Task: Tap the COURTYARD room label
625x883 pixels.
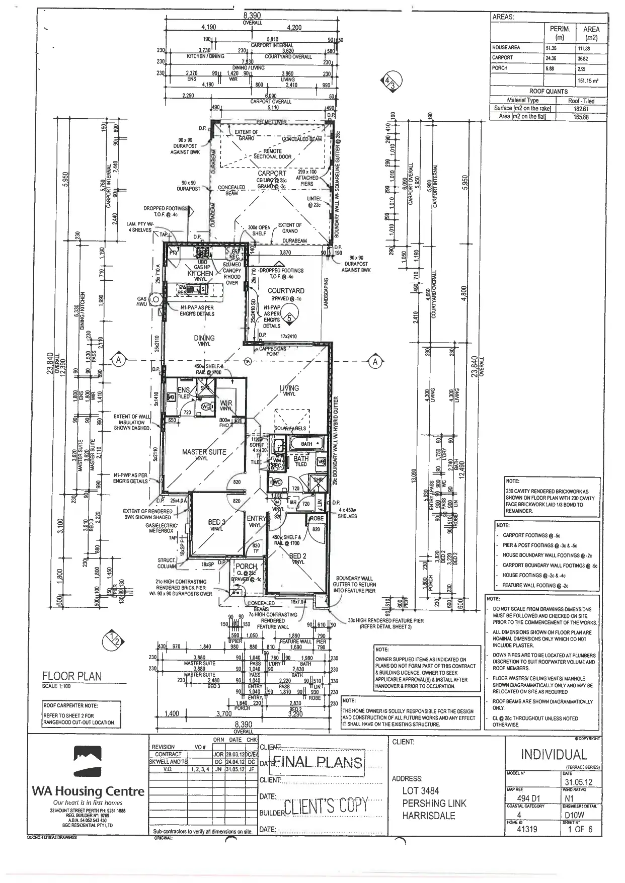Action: (x=286, y=291)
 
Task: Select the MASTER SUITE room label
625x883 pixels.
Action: (x=204, y=452)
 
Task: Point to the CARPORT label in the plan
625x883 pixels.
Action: (x=272, y=173)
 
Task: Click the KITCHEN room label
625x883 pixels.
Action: (x=200, y=273)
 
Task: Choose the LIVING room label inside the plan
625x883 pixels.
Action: (x=289, y=388)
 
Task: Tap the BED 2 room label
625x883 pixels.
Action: (x=297, y=556)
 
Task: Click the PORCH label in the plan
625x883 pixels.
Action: (x=246, y=567)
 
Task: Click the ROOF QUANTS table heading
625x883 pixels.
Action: (x=548, y=92)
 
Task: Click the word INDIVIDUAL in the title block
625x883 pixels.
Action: (x=554, y=755)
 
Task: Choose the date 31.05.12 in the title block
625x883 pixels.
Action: (x=579, y=782)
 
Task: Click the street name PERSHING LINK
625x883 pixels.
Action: (x=434, y=804)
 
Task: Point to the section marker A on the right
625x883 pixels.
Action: (x=374, y=361)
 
